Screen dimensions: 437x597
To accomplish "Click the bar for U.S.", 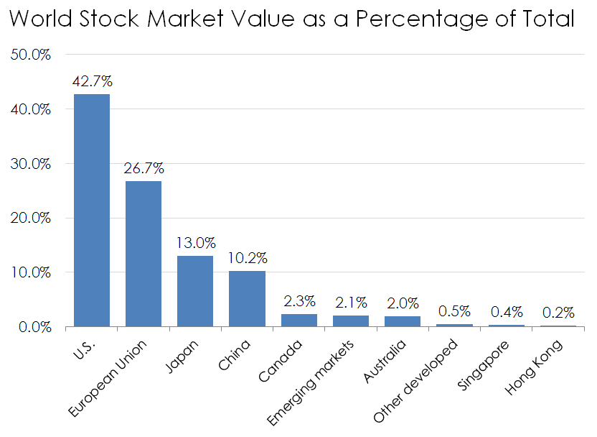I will (x=92, y=210).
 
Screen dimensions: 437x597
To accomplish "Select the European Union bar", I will (x=144, y=254).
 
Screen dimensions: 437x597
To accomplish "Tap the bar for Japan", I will (x=195, y=290).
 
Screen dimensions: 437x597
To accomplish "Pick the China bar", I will (x=247, y=298).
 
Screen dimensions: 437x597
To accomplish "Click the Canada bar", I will (x=298, y=321).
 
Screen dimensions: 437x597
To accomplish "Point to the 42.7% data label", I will (x=92, y=81).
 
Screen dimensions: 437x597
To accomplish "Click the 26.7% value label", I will (x=144, y=169).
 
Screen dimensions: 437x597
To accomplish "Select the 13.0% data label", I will (x=195, y=243).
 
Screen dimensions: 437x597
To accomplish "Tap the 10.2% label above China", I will (x=247, y=258).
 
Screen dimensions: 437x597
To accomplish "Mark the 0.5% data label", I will (x=454, y=311).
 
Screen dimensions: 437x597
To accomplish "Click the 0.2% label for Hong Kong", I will (x=558, y=313).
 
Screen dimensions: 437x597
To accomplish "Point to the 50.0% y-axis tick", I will (x=31, y=55).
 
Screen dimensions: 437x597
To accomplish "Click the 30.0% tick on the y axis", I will (x=31, y=164).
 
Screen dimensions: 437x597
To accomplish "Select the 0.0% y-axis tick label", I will (x=34, y=327).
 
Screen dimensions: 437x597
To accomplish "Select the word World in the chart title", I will (x=44, y=19).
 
